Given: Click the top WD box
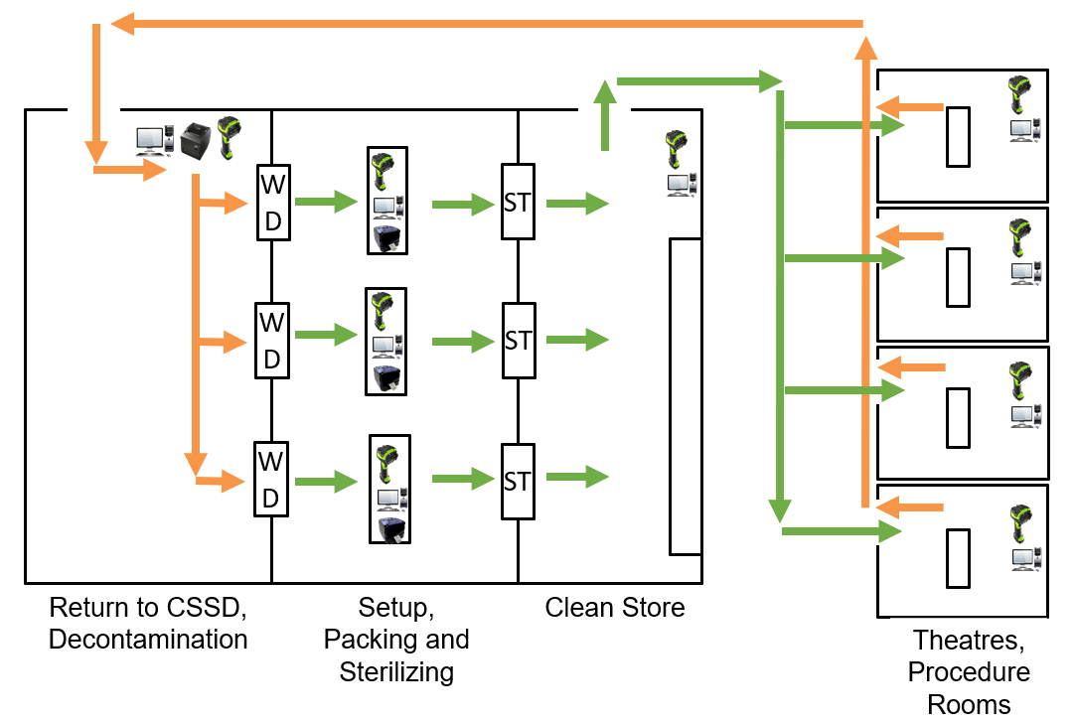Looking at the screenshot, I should coord(272,202).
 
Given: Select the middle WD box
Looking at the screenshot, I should coord(272,340).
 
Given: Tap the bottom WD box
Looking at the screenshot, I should coord(272,478).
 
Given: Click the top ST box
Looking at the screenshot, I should coord(518,202).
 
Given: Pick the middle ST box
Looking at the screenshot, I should coord(518,340).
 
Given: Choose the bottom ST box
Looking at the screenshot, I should coord(518,482).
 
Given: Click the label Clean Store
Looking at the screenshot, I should coord(614,607).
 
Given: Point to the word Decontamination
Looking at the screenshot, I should coord(148,640).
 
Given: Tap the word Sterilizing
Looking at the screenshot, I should coord(396,671).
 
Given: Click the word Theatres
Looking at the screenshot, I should coord(969,640).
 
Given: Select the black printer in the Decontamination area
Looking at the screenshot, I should coord(195,140).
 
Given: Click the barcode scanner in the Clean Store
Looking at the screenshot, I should coord(678,148).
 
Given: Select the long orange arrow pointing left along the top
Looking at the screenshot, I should coord(487,23).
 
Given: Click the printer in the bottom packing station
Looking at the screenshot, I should coord(387,528).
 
